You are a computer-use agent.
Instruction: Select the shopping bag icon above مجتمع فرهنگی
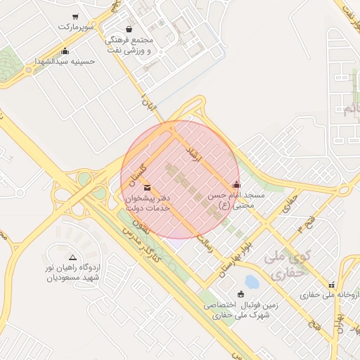pos(129,29)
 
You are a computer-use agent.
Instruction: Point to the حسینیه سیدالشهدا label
pos(65,62)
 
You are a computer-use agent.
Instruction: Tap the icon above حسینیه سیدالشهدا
pos(65,51)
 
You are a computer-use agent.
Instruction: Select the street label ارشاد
pos(191,156)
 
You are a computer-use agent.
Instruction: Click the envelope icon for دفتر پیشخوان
pos(146,187)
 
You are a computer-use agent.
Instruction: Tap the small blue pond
pos(252,283)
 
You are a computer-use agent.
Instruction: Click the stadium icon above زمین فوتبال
pos(241,294)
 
